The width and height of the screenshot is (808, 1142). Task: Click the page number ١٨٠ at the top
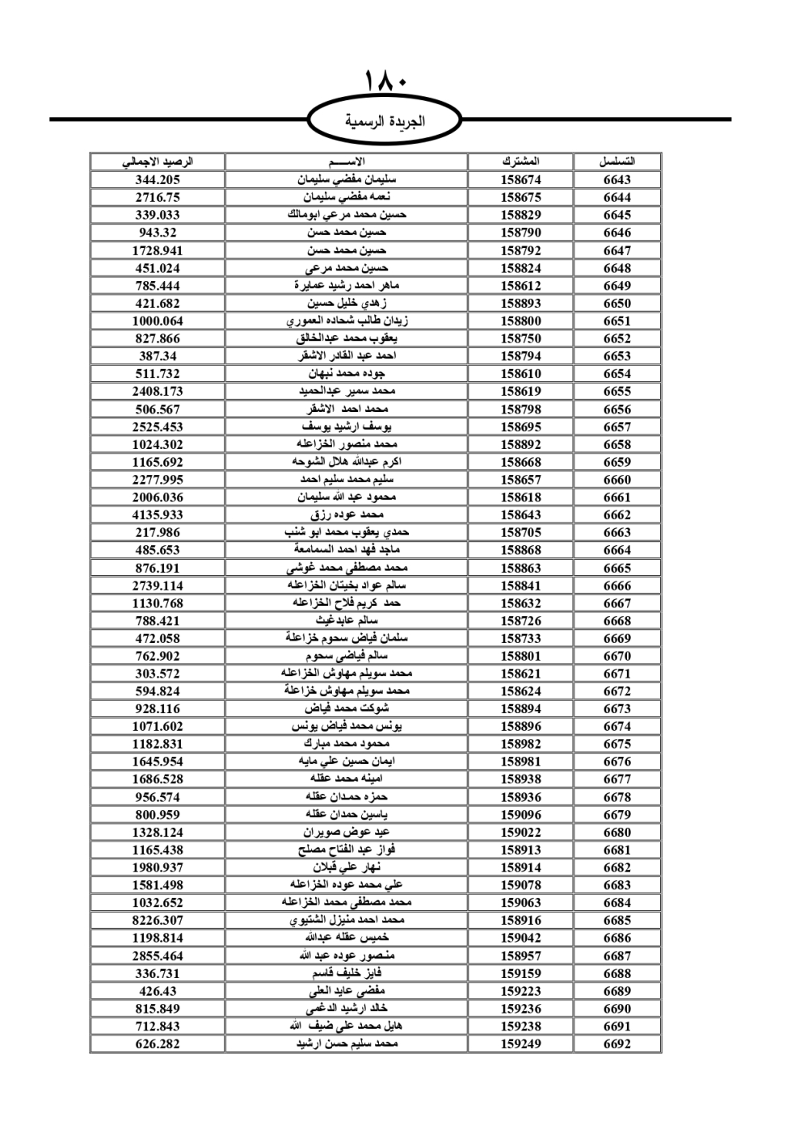pyautogui.click(x=385, y=83)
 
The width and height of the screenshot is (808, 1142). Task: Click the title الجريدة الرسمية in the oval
pyautogui.click(x=385, y=122)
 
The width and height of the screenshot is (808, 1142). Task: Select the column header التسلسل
pyautogui.click(x=617, y=162)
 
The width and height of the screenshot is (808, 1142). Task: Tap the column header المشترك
pyautogui.click(x=520, y=162)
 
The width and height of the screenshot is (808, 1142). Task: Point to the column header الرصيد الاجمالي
pyautogui.click(x=158, y=162)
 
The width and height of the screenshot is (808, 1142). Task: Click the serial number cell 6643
pyautogui.click(x=617, y=180)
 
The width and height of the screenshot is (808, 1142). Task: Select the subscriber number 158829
pyautogui.click(x=520, y=215)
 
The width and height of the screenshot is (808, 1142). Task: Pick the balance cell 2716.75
pyautogui.click(x=158, y=197)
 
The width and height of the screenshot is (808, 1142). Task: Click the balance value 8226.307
pyautogui.click(x=158, y=921)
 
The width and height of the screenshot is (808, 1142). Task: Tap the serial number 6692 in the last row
pyautogui.click(x=617, y=1043)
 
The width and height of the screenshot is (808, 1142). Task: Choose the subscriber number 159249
pyautogui.click(x=520, y=1043)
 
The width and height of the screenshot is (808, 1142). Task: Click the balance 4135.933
pyautogui.click(x=158, y=515)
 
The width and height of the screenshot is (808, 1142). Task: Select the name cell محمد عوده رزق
pyautogui.click(x=347, y=515)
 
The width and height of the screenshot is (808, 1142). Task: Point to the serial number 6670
pyautogui.click(x=617, y=656)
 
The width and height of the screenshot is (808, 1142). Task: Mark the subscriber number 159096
pyautogui.click(x=520, y=815)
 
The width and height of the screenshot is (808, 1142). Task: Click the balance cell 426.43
pyautogui.click(x=158, y=991)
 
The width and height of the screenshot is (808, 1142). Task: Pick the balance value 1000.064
pyautogui.click(x=158, y=321)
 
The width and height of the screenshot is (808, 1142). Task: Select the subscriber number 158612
pyautogui.click(x=520, y=286)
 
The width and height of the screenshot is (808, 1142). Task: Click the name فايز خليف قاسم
pyautogui.click(x=347, y=973)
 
